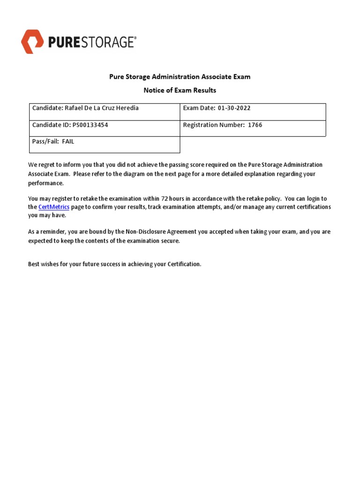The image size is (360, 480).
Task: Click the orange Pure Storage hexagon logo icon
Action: (x=33, y=41)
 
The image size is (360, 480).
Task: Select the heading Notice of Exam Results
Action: (x=180, y=90)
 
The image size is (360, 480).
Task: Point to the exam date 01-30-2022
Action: (x=234, y=108)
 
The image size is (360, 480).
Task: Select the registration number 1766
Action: (x=255, y=125)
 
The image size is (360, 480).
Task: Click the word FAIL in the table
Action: (x=68, y=142)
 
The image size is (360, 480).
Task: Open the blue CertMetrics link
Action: (x=54, y=207)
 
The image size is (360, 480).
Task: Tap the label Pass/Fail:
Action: (x=45, y=142)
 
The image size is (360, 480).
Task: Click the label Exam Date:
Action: (x=199, y=108)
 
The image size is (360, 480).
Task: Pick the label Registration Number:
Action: (x=213, y=125)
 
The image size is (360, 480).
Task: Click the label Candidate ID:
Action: (x=51, y=125)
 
